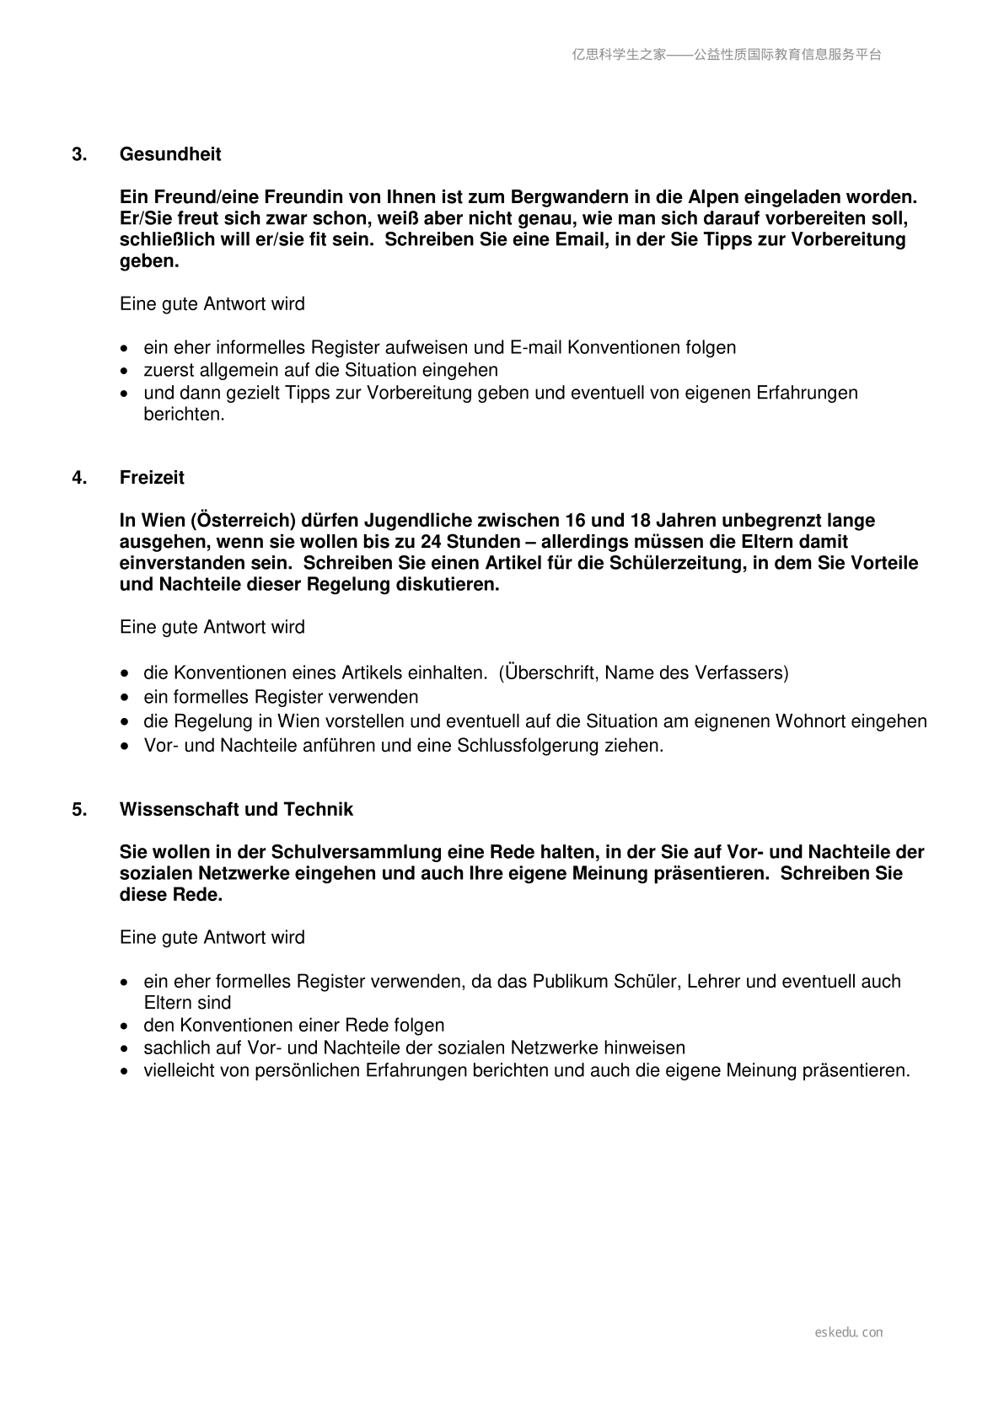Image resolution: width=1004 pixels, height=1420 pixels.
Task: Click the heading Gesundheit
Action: coord(170,154)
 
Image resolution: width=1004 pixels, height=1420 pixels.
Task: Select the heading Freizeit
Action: coord(152,478)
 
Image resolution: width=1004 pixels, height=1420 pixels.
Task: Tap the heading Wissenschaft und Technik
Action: coord(236,810)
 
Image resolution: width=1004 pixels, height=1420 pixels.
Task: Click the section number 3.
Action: coord(79,154)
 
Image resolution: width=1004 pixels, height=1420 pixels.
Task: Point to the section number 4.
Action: coord(79,478)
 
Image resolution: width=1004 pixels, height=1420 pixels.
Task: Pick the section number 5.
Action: coord(79,810)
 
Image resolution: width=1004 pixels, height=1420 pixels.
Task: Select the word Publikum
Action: coord(570,982)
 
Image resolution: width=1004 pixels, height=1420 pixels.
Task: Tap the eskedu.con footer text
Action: coord(849,1332)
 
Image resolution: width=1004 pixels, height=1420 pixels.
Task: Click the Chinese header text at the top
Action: coord(727,55)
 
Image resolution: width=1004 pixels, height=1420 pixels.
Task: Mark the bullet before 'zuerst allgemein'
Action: coord(126,371)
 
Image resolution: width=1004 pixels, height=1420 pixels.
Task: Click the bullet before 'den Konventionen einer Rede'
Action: coord(126,1026)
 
